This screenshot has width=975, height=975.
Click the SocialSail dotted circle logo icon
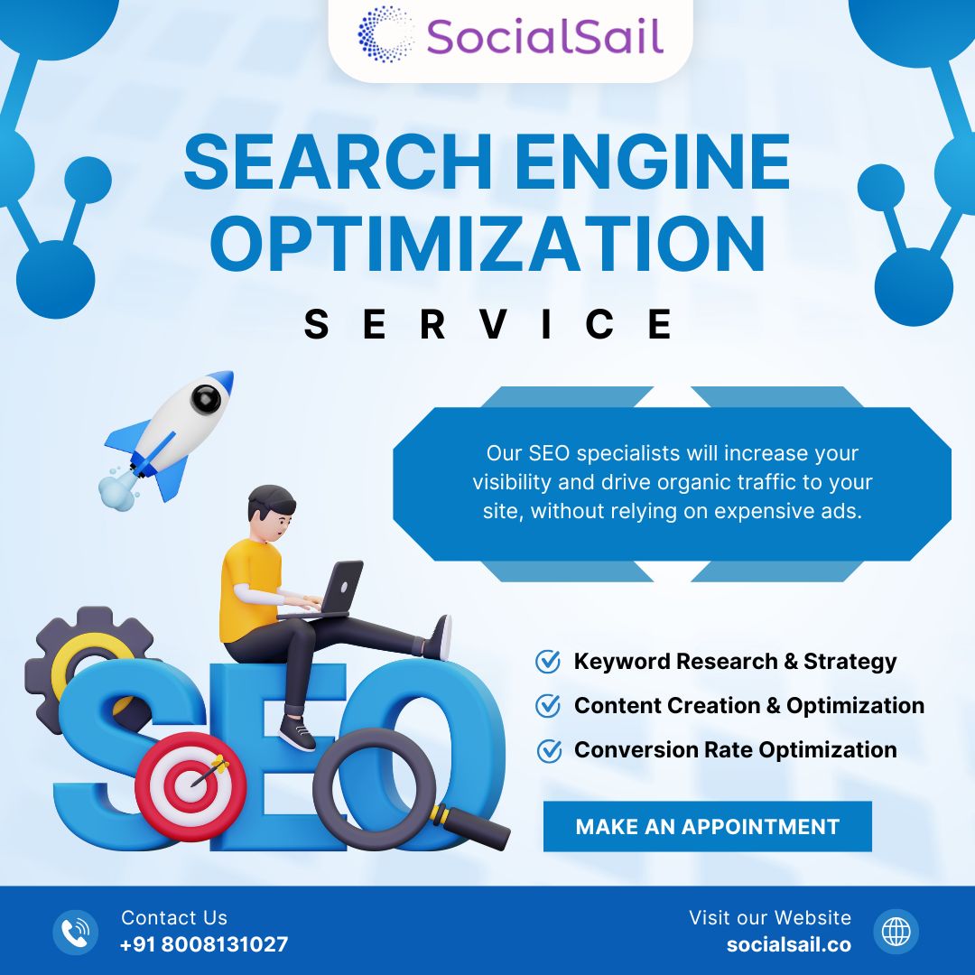(385, 35)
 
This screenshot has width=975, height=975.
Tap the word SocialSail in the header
(544, 37)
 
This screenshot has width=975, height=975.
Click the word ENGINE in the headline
(653, 162)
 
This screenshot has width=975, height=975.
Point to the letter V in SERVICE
(493, 323)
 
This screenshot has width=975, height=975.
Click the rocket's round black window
(206, 398)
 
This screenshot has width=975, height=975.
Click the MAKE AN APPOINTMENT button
(708, 826)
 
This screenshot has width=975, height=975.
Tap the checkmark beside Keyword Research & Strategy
(548, 662)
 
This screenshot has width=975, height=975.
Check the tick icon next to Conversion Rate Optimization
(549, 750)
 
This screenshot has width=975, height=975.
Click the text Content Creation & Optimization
(749, 706)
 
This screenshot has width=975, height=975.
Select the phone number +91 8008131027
(204, 944)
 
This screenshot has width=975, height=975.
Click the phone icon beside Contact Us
(75, 932)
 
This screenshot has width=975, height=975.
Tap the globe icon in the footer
(896, 932)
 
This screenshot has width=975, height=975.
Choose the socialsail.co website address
(788, 944)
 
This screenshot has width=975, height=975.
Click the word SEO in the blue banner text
(549, 453)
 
